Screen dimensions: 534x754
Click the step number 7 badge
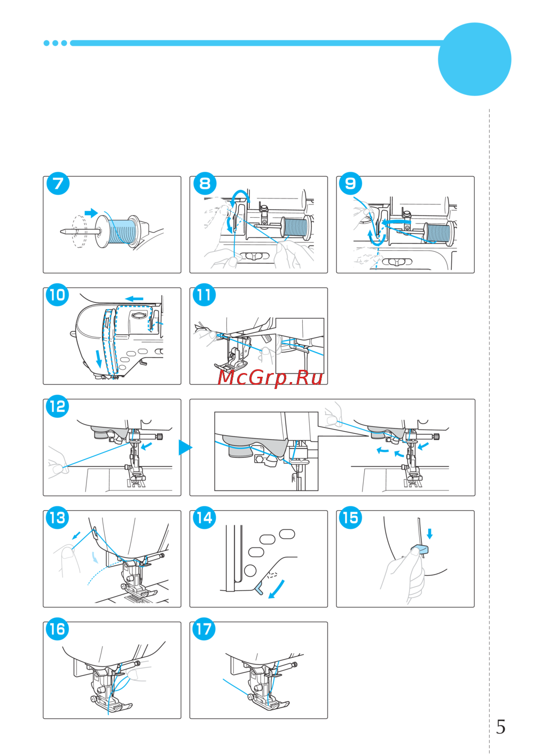click(58, 184)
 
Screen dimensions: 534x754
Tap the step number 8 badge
click(205, 184)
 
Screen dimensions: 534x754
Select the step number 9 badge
click(351, 184)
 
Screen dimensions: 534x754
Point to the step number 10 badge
click(58, 295)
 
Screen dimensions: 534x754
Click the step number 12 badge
click(58, 406)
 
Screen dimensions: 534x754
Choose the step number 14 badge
click(204, 518)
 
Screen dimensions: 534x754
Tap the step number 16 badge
click(58, 629)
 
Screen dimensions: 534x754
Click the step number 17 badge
click(204, 629)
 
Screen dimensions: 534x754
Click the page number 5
click(501, 727)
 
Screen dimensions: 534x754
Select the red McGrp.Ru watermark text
click(270, 378)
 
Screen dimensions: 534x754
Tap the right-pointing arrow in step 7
click(91, 212)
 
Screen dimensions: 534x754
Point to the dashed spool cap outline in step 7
click(80, 232)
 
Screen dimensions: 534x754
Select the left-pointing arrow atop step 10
click(134, 299)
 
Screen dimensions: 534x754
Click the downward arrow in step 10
click(99, 359)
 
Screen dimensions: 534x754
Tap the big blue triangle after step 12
click(185, 447)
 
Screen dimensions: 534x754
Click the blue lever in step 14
click(260, 590)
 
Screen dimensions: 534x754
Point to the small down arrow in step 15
click(429, 534)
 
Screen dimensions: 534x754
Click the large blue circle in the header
click(474, 59)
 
